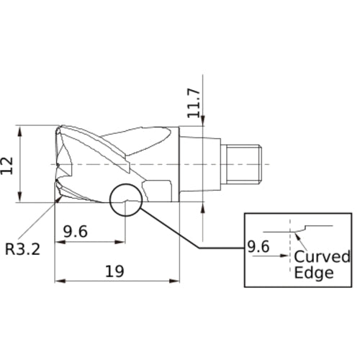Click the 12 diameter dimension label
point(7,166)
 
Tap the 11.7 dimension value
point(194,104)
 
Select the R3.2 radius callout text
point(23,249)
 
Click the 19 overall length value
point(114,271)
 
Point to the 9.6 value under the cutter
point(76,232)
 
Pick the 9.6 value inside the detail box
point(258,247)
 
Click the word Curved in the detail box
point(322,256)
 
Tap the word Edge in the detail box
point(314,273)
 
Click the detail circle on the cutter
point(110,200)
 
